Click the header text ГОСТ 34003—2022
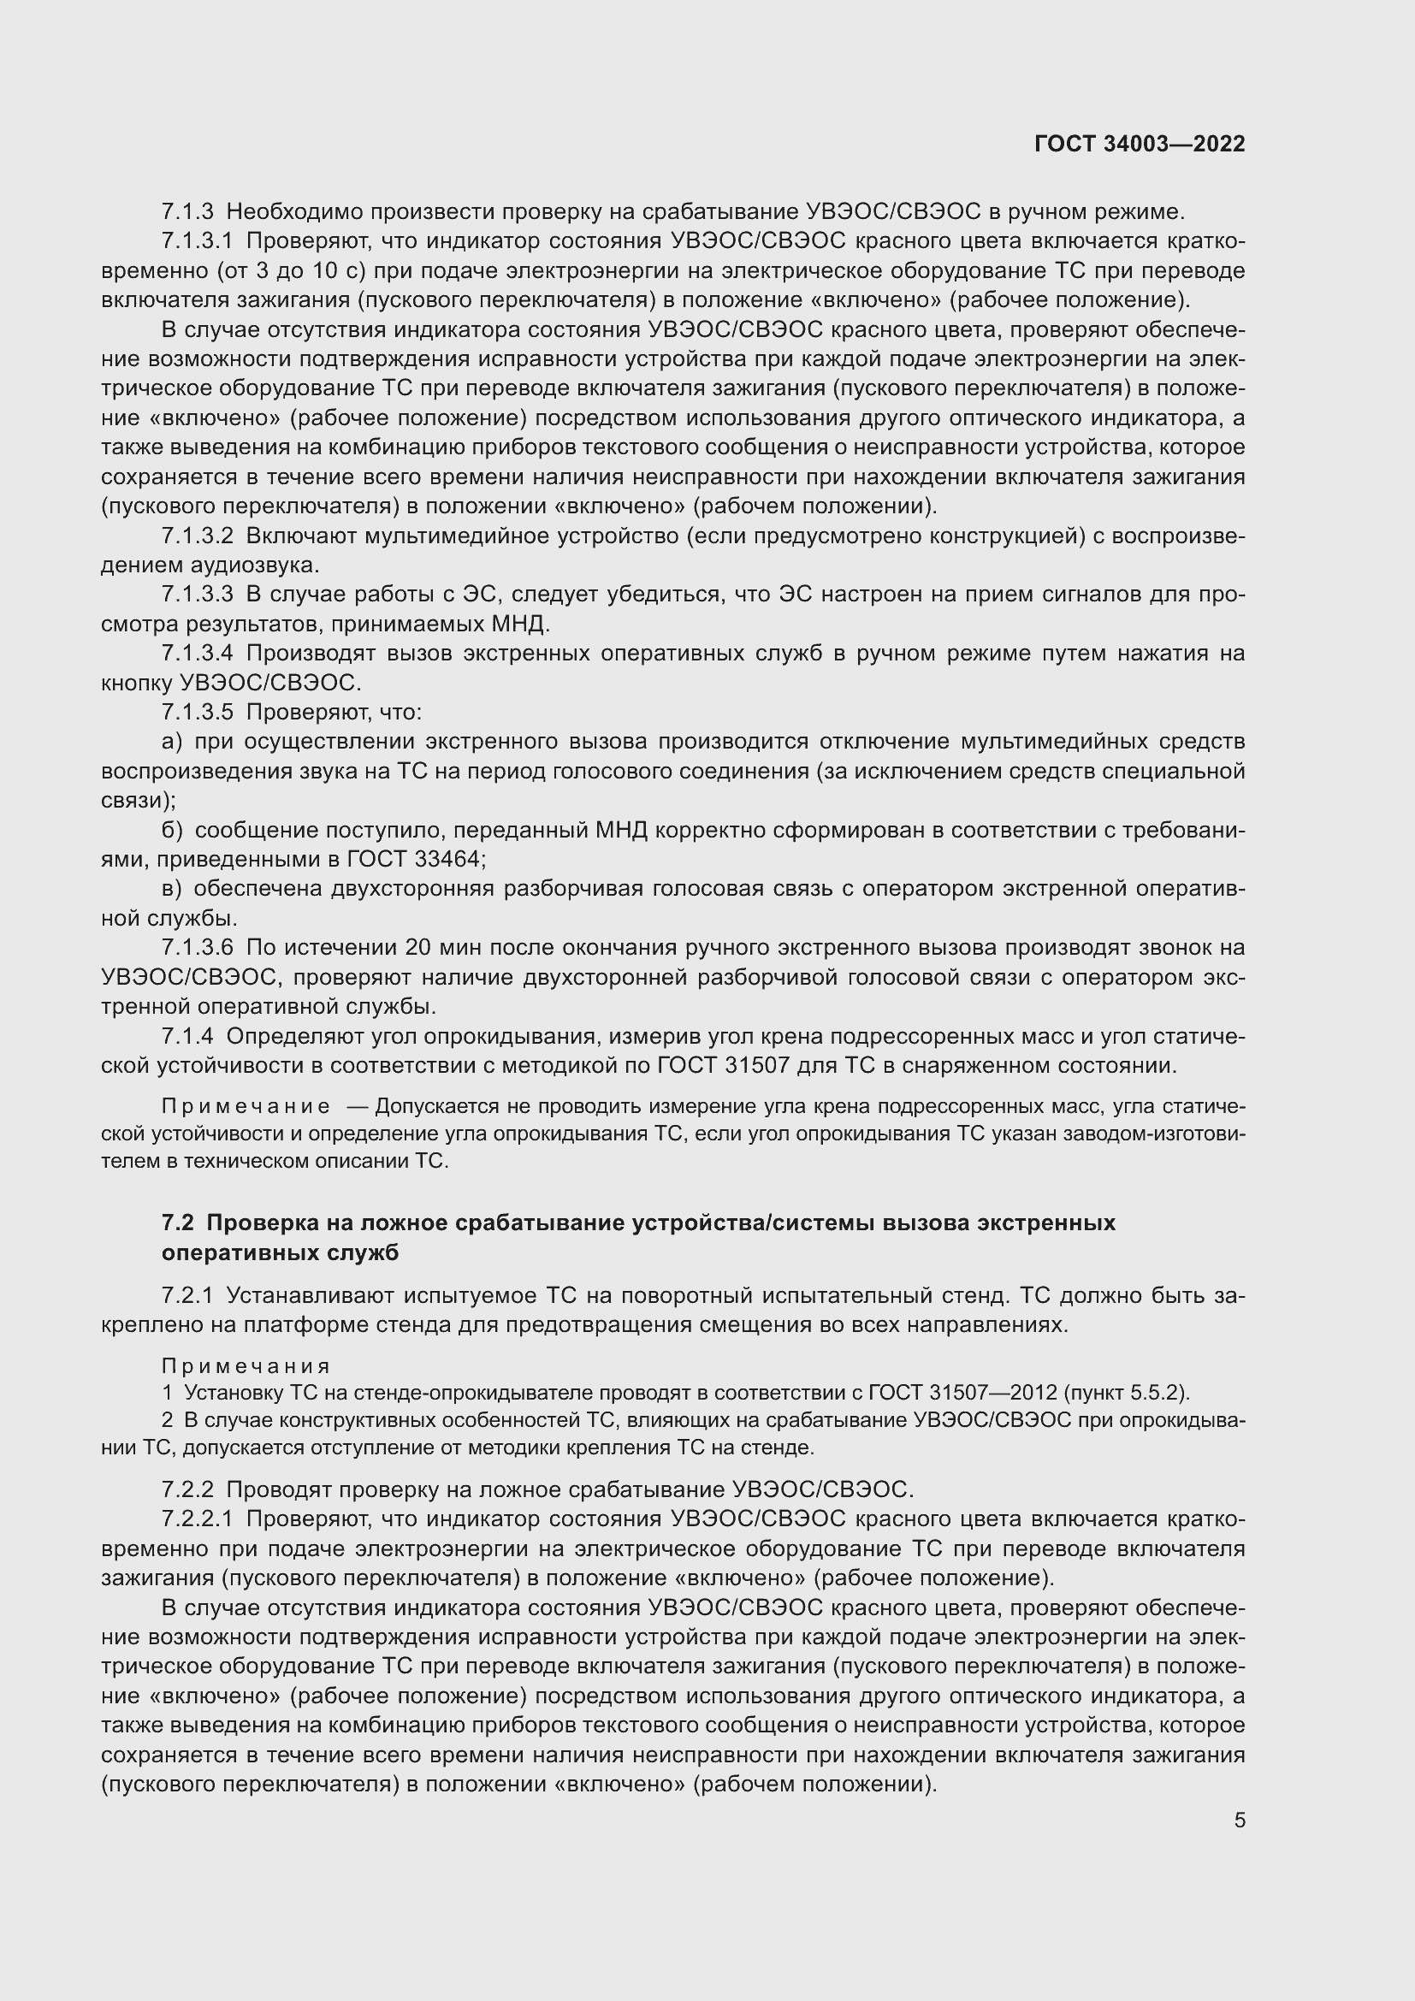pos(1140,144)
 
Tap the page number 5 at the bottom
pos(1239,1820)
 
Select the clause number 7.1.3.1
pos(197,241)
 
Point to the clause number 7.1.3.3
pos(197,595)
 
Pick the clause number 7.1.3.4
pos(197,654)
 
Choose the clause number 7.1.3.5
pos(197,712)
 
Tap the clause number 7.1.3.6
pos(197,947)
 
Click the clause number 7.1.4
pos(187,1036)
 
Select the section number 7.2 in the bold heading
pos(177,1223)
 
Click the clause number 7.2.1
pos(187,1296)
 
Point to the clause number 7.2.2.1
pos(197,1519)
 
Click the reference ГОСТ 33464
pos(414,859)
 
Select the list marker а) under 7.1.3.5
pos(172,742)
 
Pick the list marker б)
pos(172,831)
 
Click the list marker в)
pos(172,889)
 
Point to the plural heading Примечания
pos(246,1365)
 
